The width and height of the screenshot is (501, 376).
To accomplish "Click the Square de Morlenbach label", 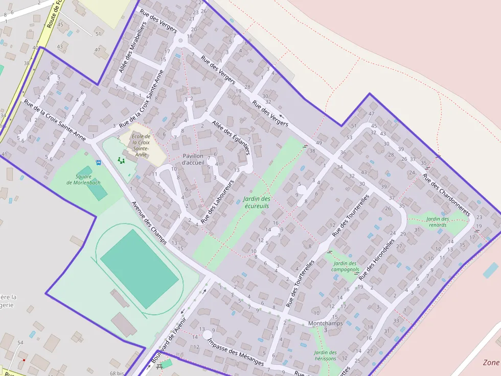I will [84, 180].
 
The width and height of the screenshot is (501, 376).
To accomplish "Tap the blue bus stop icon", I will [98, 163].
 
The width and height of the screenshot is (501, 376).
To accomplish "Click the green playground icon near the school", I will [121, 160].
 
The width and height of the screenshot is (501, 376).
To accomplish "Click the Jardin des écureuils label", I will [257, 202].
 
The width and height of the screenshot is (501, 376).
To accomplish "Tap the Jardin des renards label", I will [438, 222].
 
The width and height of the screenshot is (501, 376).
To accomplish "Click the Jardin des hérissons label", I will [326, 355].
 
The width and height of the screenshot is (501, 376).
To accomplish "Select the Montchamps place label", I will [326, 323].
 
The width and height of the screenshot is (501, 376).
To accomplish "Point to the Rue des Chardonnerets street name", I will [446, 195].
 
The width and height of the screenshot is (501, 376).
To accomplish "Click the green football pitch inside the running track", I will [139, 268].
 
